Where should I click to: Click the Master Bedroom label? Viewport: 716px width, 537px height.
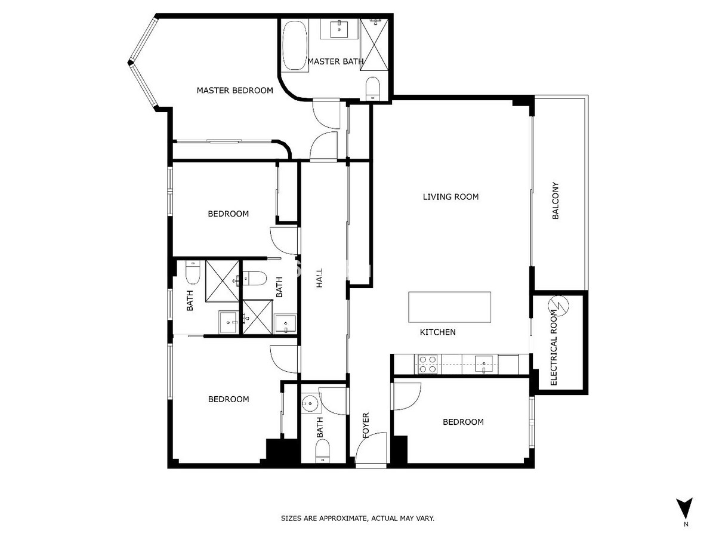pyautogui.click(x=235, y=90)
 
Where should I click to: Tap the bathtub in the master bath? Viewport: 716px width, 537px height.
pyautogui.click(x=295, y=46)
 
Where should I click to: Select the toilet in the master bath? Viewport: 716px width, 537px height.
pyautogui.click(x=372, y=88)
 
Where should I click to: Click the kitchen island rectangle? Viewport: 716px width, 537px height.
pyautogui.click(x=449, y=307)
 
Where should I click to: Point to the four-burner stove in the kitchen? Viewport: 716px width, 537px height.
pyautogui.click(x=428, y=364)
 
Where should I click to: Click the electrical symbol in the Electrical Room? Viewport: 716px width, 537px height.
pyautogui.click(x=559, y=306)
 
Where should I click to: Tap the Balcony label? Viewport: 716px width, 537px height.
pyautogui.click(x=555, y=200)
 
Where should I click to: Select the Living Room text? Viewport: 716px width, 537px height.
pyautogui.click(x=450, y=197)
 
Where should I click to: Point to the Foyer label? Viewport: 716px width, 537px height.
pyautogui.click(x=366, y=425)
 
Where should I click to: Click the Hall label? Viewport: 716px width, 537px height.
pyautogui.click(x=319, y=278)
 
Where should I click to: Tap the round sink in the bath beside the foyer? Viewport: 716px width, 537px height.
pyautogui.click(x=310, y=405)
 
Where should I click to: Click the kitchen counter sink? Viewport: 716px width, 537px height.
pyautogui.click(x=484, y=365)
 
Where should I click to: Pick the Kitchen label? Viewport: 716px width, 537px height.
pyautogui.click(x=437, y=332)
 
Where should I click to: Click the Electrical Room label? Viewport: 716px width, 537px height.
pyautogui.click(x=554, y=348)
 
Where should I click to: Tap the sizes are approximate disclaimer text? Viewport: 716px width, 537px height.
pyautogui.click(x=357, y=518)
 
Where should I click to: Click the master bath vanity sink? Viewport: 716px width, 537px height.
pyautogui.click(x=340, y=29)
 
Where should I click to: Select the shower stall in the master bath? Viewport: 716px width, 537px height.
pyautogui.click(x=374, y=44)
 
